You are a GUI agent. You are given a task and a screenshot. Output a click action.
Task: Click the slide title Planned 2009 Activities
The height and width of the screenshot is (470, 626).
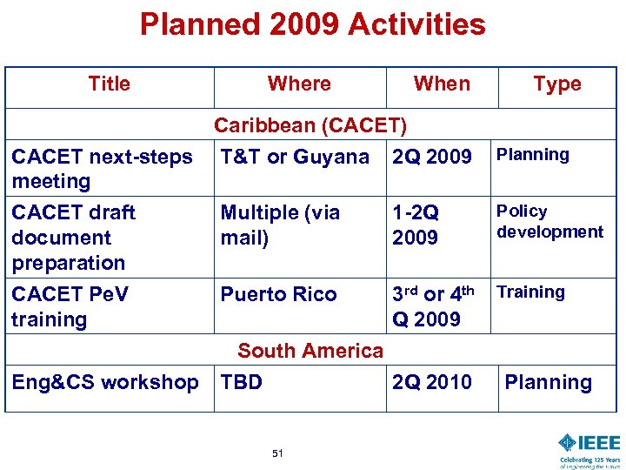tap(312, 24)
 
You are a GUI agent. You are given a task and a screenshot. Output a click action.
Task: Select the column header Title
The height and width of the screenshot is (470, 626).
tap(110, 84)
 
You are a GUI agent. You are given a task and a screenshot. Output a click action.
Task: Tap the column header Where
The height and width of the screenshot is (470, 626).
tap(299, 84)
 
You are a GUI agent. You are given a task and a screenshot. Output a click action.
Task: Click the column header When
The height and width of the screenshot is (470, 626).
tap(442, 84)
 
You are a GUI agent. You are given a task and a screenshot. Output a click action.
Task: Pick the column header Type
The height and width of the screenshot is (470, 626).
tap(557, 84)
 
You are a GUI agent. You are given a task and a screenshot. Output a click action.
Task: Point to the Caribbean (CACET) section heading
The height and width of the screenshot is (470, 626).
tap(310, 125)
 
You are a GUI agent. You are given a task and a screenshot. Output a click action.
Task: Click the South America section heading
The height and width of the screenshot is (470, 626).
tap(310, 351)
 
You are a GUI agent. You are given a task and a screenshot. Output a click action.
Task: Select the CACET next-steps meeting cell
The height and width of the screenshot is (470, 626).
tap(102, 169)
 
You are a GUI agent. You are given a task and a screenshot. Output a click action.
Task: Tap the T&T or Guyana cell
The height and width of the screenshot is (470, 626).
tap(295, 158)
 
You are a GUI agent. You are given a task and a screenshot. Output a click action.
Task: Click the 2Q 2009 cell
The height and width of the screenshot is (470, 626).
tap(432, 158)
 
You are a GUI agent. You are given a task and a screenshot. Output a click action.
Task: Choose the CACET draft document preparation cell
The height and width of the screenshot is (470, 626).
tap(74, 237)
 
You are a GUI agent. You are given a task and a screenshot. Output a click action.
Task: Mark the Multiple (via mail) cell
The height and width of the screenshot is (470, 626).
tap(280, 225)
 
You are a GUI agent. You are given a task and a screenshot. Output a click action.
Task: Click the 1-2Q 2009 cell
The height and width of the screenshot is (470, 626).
tap(416, 225)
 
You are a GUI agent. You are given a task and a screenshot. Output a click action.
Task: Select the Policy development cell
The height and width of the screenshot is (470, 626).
tap(549, 221)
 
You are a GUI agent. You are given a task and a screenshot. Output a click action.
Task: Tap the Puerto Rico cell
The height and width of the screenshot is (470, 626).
tap(278, 294)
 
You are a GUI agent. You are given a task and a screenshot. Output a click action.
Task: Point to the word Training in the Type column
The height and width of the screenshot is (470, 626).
tap(530, 292)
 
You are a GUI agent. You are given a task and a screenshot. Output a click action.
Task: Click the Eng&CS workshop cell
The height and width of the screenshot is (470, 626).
tap(105, 382)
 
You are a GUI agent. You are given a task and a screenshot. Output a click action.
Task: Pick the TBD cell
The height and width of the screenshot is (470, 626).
tap(242, 382)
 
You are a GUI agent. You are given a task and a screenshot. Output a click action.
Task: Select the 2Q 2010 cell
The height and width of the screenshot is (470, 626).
tap(432, 382)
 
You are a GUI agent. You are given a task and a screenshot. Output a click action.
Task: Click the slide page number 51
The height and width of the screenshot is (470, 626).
tap(277, 453)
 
